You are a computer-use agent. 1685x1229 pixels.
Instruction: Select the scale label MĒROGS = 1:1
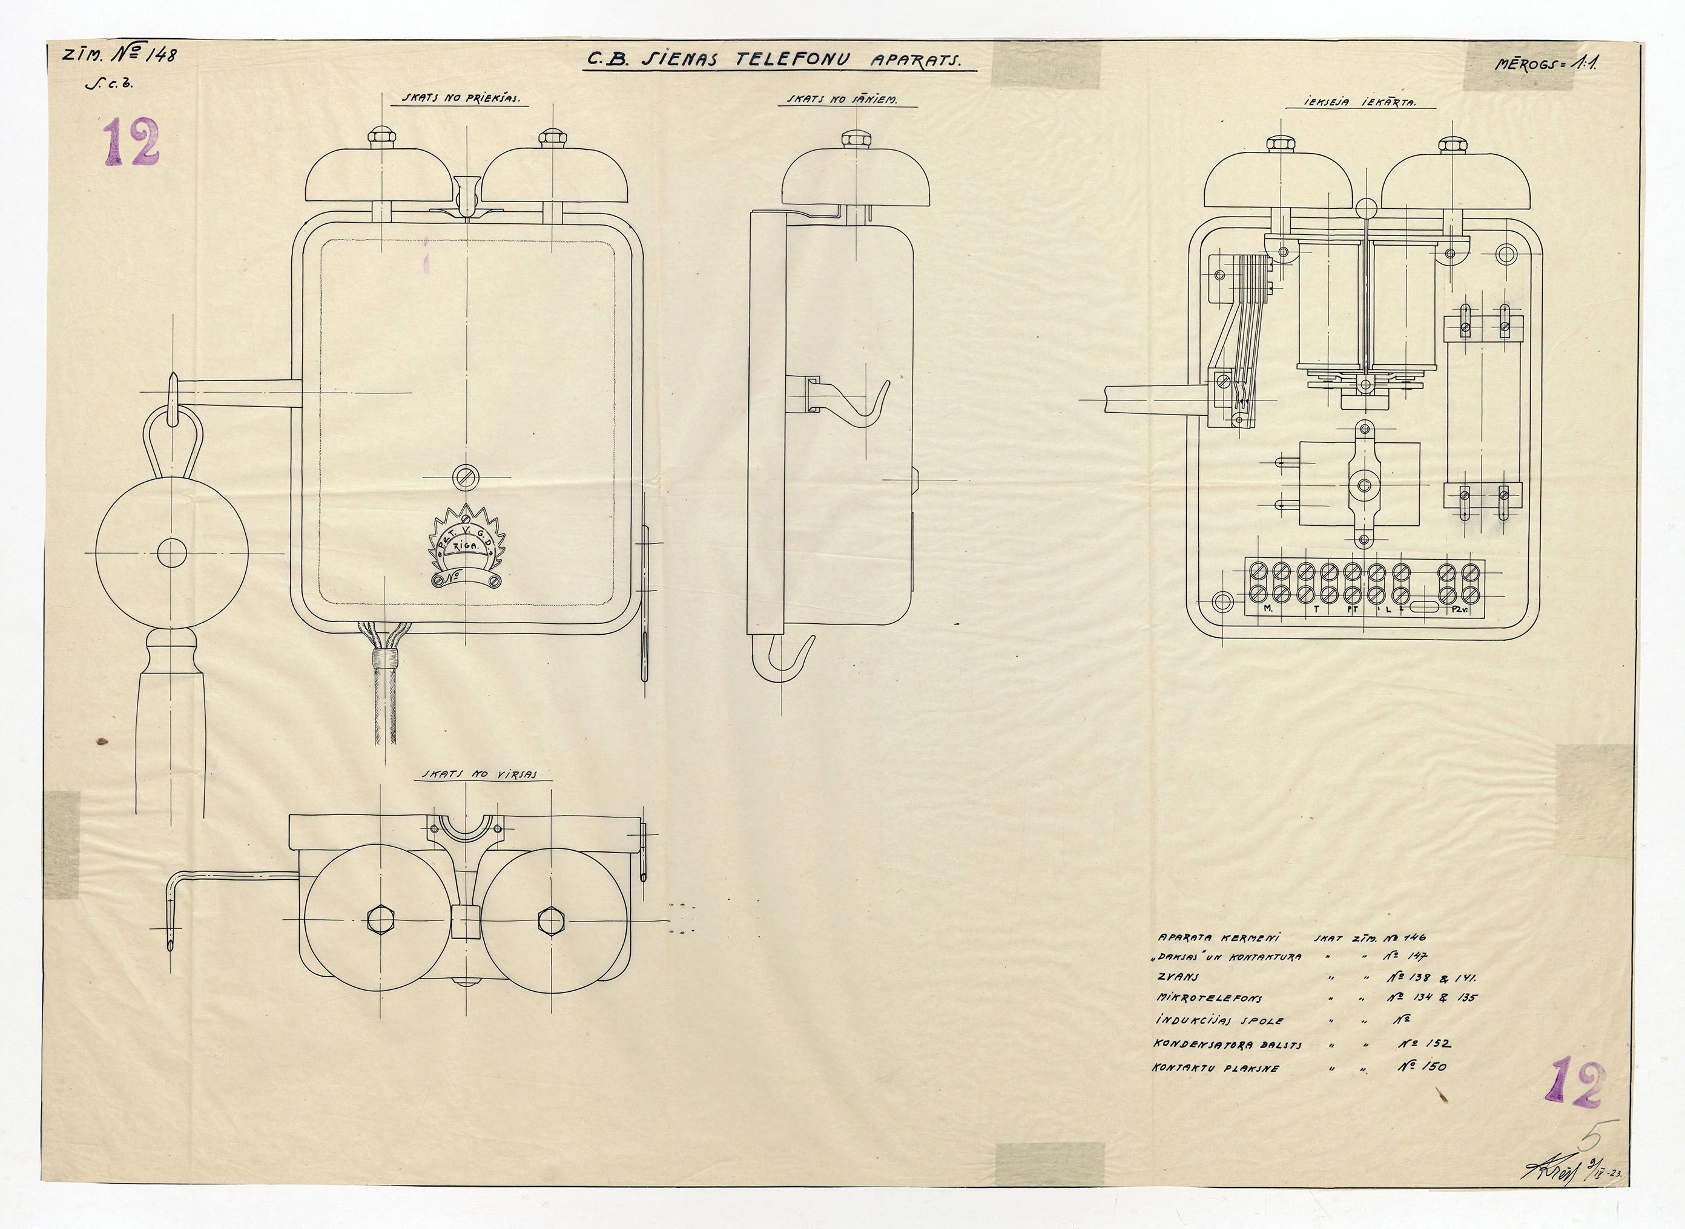(1548, 64)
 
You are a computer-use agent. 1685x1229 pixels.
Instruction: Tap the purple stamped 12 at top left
(132, 143)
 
